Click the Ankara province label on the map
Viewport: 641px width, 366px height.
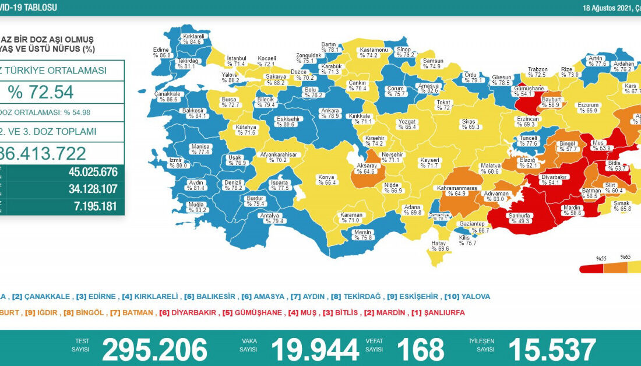[x=329, y=113]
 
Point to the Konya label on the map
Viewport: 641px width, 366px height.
[x=326, y=180]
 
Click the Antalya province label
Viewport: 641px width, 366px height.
[x=273, y=217]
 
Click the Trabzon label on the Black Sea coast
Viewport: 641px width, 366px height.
[x=537, y=72]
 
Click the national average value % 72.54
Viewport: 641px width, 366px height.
[x=41, y=92]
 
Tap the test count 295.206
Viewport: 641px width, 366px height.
[x=154, y=349]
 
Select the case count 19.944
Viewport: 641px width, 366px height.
[x=314, y=349]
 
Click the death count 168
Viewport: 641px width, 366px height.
[x=420, y=349]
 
